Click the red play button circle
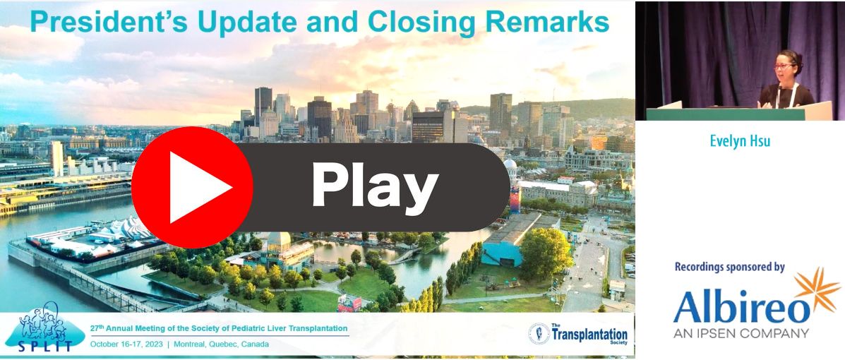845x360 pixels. (x=193, y=188)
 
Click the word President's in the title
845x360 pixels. (x=110, y=22)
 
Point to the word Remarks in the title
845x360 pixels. (x=541, y=22)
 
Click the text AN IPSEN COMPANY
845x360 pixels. (x=741, y=333)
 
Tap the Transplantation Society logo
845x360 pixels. (x=577, y=333)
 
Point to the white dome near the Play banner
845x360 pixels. (x=510, y=163)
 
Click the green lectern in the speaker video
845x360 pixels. (x=725, y=114)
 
